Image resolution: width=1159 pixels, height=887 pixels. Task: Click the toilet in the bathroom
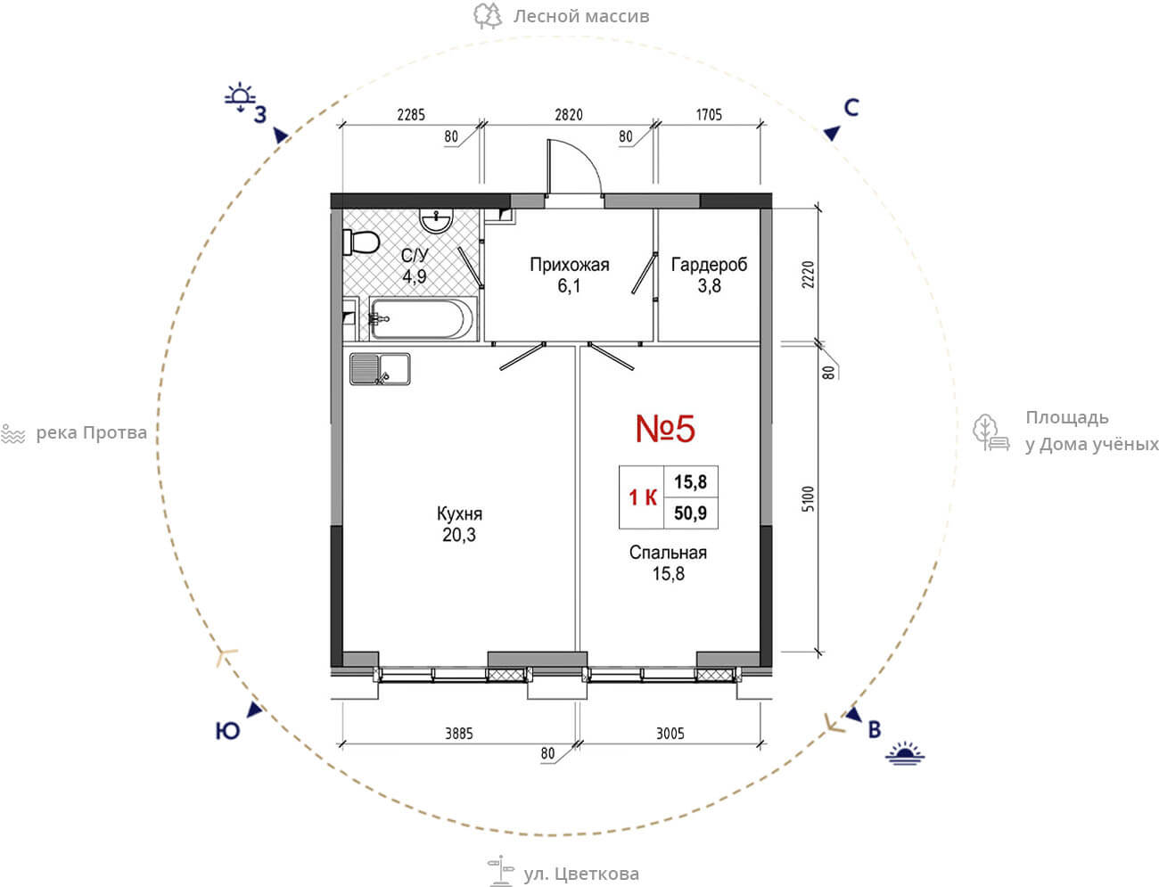pos(361,242)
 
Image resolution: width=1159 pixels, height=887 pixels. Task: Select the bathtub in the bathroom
pos(422,319)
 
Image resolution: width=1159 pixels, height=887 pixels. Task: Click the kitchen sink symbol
pos(380,368)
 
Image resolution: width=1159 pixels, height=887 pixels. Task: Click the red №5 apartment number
pos(665,428)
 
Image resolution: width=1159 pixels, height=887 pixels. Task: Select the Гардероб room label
pos(709,265)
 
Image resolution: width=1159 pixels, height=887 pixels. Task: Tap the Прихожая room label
pos(569,265)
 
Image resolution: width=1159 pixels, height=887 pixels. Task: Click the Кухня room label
pos(459,513)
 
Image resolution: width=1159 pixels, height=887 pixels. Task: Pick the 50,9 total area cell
pos(691,513)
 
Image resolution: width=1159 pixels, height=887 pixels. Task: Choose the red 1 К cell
pos(642,497)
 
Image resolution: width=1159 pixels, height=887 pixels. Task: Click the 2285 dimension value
pos(411,115)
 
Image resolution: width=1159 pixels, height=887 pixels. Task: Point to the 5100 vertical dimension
pos(808,498)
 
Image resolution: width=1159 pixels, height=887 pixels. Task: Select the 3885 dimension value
pos(459,734)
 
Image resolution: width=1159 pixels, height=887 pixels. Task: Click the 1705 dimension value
pos(709,115)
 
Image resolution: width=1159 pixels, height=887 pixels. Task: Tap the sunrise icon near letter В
pos(905,753)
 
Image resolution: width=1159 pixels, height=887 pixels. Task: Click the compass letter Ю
pos(227,731)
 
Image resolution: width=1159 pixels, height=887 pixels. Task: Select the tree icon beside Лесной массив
pos(487,16)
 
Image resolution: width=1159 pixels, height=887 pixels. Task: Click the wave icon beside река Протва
pos(13,434)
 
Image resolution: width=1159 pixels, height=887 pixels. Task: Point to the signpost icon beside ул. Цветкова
pos(500,871)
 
